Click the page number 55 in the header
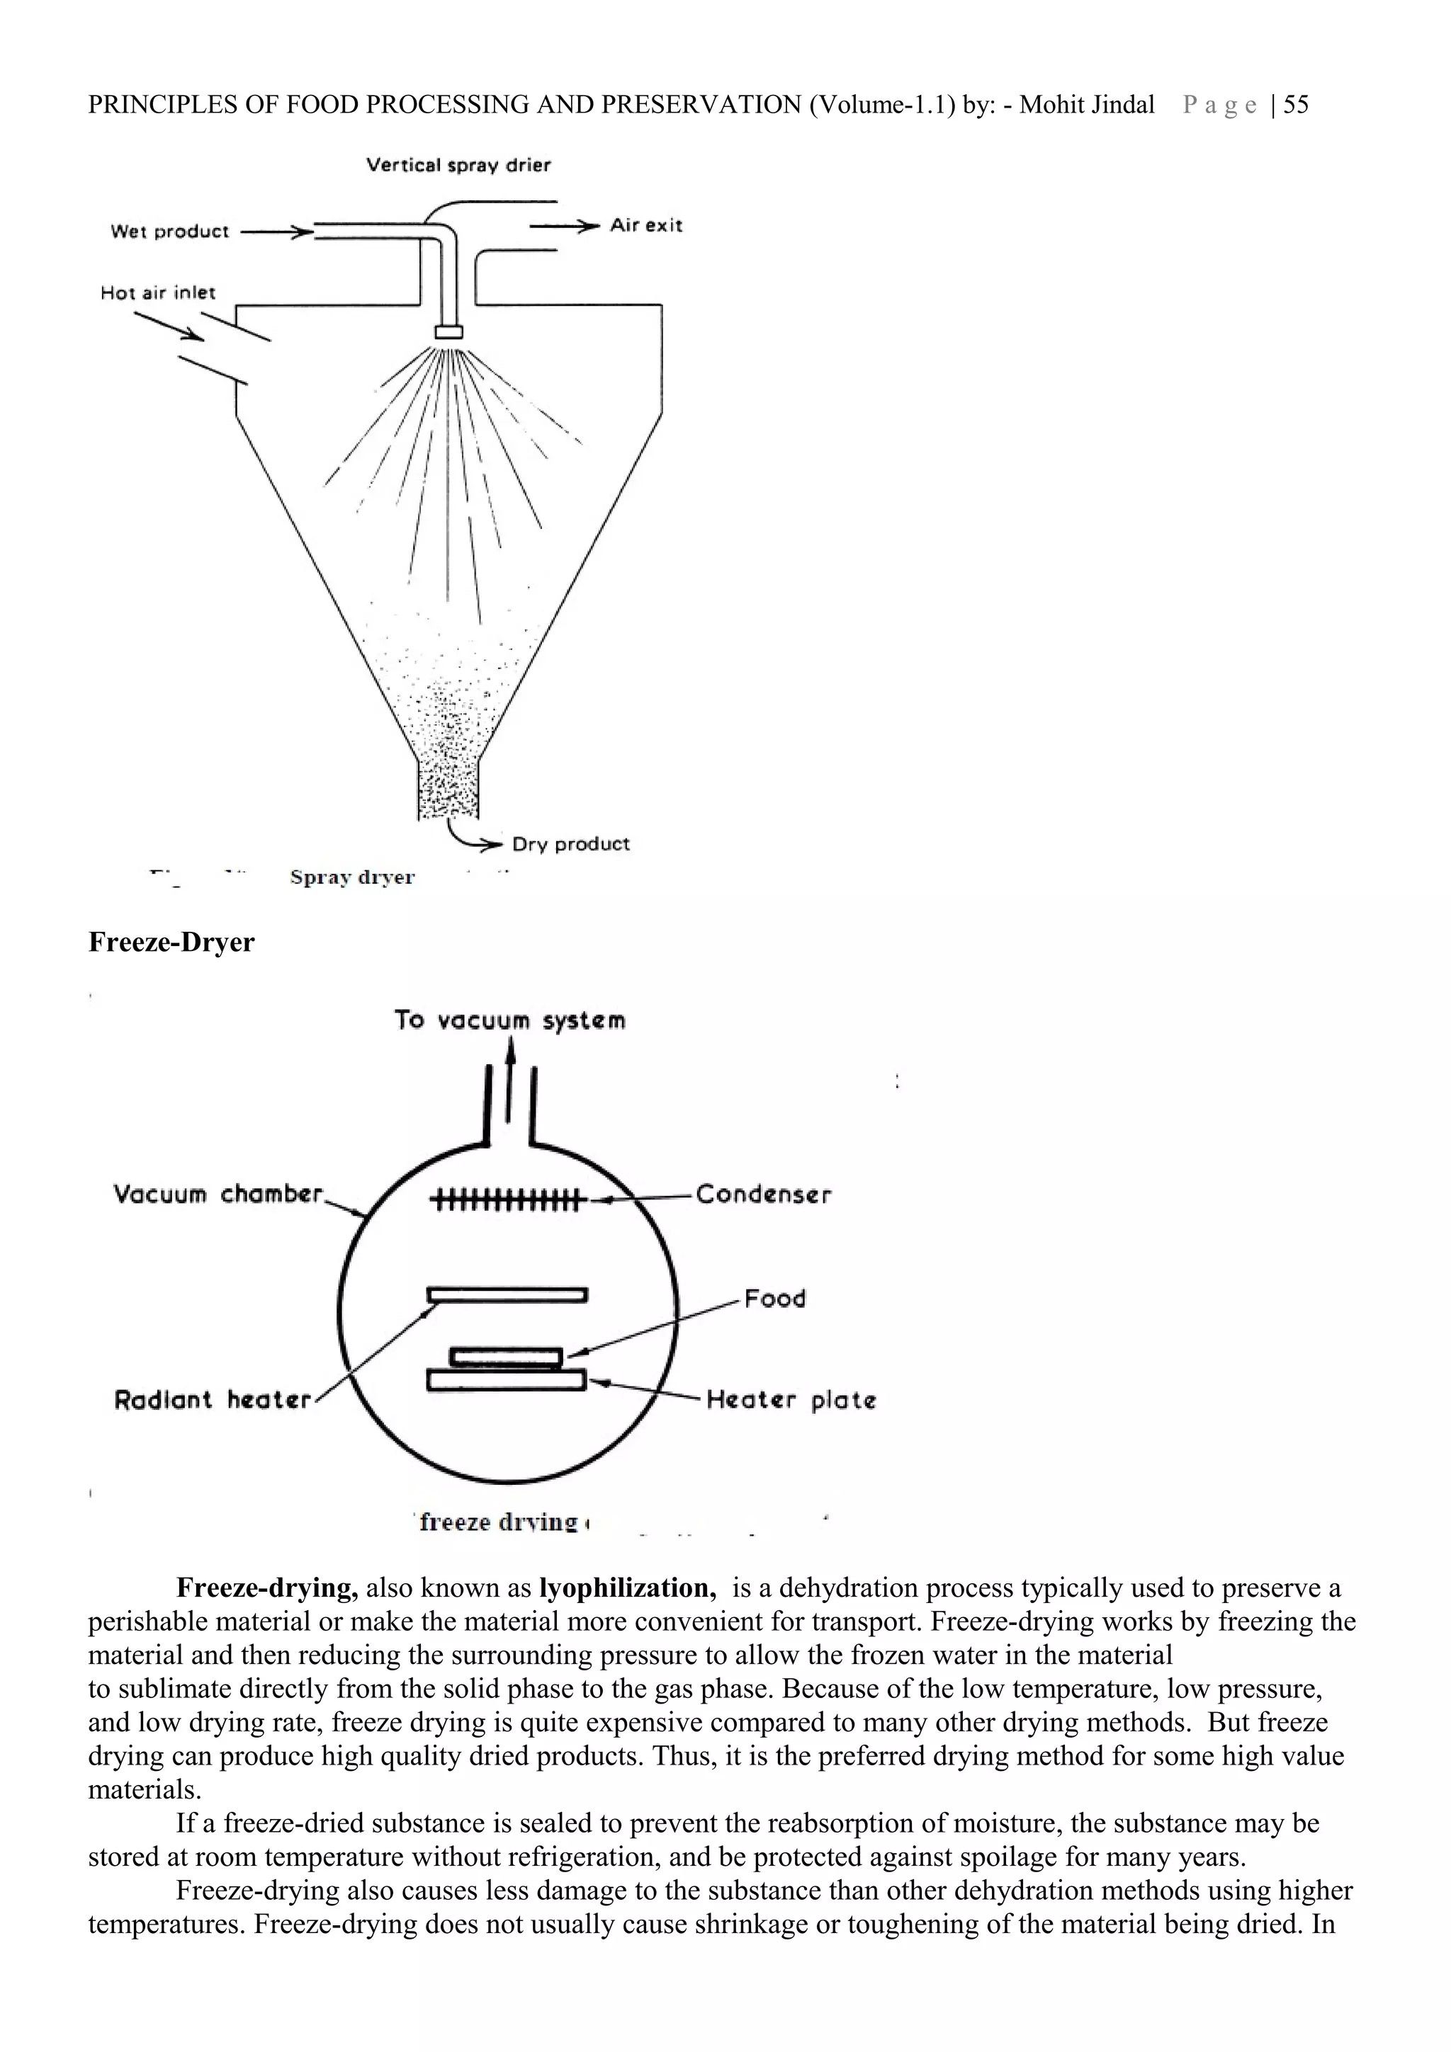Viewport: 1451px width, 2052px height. click(x=1295, y=105)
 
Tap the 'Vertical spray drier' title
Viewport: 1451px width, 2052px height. click(x=458, y=166)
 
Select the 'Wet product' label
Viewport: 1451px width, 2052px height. click(x=170, y=232)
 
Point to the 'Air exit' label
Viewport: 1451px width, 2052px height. click(x=645, y=225)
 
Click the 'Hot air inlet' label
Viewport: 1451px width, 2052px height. click(x=158, y=292)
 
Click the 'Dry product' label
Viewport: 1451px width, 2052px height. click(x=570, y=844)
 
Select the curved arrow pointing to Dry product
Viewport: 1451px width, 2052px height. click(x=469, y=836)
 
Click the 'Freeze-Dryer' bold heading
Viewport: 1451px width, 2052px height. click(x=171, y=942)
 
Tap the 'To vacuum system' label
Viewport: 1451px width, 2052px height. click(x=509, y=1020)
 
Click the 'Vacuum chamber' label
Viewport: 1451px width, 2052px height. click(x=218, y=1194)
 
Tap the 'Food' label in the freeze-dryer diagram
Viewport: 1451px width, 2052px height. click(x=774, y=1299)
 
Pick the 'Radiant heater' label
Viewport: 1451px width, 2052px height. click(x=213, y=1400)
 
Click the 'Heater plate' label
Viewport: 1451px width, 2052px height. click(x=790, y=1400)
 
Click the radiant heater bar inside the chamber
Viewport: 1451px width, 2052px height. click(x=507, y=1294)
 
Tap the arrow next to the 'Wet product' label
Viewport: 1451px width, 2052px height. click(x=277, y=232)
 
